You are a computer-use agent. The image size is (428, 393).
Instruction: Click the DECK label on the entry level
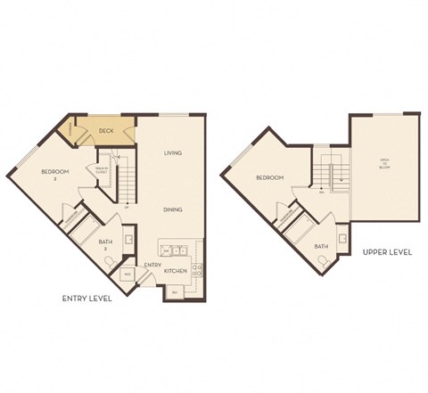pyautogui.click(x=106, y=132)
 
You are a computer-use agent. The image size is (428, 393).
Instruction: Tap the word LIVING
pyautogui.click(x=173, y=153)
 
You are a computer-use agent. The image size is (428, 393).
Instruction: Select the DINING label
pyautogui.click(x=173, y=209)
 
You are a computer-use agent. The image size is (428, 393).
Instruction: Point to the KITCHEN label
pyautogui.click(x=176, y=269)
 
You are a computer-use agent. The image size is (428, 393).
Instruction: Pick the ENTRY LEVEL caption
pyautogui.click(x=86, y=299)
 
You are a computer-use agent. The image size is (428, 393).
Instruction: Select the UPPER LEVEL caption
pyautogui.click(x=387, y=253)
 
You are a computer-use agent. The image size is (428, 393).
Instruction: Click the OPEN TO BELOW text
pyautogui.click(x=385, y=163)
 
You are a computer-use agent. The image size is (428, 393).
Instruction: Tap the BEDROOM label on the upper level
pyautogui.click(x=269, y=178)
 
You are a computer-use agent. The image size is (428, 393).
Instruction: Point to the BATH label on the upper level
pyautogui.click(x=322, y=246)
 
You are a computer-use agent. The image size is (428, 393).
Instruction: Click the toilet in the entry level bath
pyautogui.click(x=108, y=261)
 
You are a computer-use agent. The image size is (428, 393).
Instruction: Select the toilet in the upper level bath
pyautogui.click(x=326, y=262)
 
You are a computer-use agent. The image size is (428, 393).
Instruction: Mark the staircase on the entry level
pyautogui.click(x=128, y=183)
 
